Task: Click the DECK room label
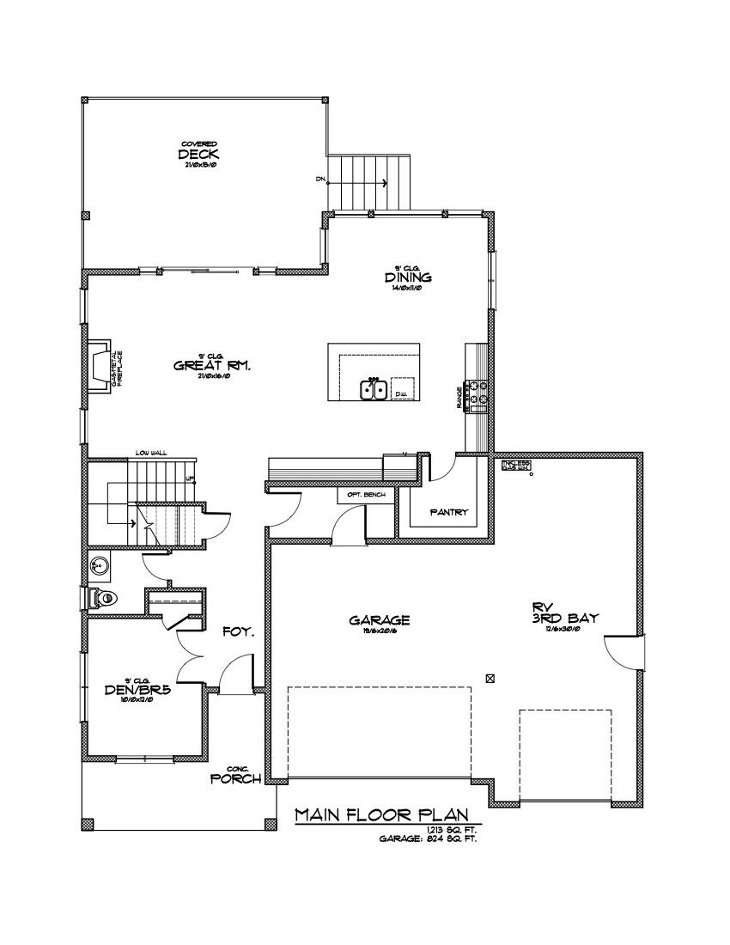[x=199, y=155]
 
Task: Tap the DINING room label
[x=407, y=278]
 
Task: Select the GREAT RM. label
[x=211, y=365]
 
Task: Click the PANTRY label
[x=448, y=513]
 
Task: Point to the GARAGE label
[x=379, y=619]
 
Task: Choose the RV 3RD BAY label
[x=564, y=611]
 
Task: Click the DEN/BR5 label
[x=136, y=688]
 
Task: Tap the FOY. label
[x=238, y=631]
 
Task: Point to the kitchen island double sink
[x=373, y=390]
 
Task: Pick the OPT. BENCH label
[x=366, y=496]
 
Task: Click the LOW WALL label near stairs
[x=149, y=453]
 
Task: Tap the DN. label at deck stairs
[x=320, y=180]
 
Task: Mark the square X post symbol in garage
[x=490, y=678]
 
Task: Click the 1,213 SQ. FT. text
[x=451, y=830]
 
